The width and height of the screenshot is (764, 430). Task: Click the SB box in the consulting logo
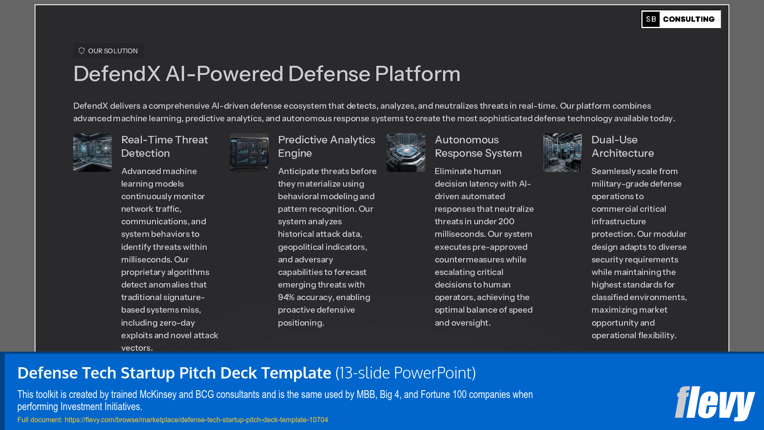tap(651, 19)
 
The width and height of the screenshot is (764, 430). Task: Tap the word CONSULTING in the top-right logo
tap(689, 19)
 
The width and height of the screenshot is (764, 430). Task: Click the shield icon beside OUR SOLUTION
tap(81, 51)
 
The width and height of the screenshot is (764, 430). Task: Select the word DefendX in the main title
tap(117, 74)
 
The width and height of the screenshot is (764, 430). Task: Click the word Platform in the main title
tap(418, 74)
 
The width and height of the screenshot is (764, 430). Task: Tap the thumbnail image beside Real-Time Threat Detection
tap(92, 152)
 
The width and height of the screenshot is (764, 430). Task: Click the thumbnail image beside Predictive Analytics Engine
tap(249, 152)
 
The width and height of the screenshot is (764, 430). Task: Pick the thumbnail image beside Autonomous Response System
tap(406, 152)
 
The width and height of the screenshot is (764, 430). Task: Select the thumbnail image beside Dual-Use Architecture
tap(563, 152)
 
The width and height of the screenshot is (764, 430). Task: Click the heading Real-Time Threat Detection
tap(165, 146)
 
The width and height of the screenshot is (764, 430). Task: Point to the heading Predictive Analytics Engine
tap(326, 146)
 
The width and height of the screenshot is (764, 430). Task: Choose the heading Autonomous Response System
tap(478, 146)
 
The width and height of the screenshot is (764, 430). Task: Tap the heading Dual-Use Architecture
tap(622, 146)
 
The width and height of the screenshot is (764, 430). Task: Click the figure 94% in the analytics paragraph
tap(286, 297)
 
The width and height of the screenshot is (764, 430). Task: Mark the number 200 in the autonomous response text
tap(506, 221)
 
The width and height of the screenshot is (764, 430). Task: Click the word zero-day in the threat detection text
tap(177, 323)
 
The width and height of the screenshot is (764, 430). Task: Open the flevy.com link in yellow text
tap(196, 420)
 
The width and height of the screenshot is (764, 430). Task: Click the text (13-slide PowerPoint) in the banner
tap(405, 373)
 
